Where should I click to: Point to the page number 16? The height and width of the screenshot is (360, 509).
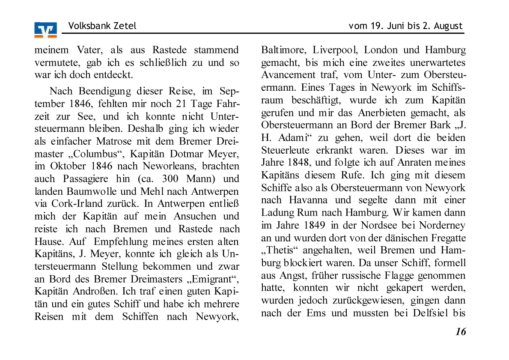pos(461,332)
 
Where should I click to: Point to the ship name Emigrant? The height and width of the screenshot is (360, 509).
pos(213,279)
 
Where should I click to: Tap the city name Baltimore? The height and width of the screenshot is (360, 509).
pos(283,50)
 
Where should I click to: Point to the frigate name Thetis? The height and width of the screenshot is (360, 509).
pos(277,250)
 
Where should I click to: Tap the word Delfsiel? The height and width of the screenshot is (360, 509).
pos(430,313)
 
